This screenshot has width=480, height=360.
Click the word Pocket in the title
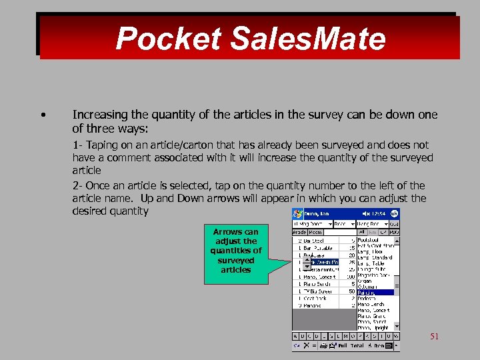(169, 39)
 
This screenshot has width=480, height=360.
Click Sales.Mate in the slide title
(307, 39)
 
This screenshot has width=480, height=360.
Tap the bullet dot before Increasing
(43, 115)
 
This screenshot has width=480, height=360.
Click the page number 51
(434, 337)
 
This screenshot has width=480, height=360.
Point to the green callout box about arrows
(236, 251)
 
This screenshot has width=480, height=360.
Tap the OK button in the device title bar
(395, 213)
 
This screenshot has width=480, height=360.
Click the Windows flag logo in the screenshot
(297, 213)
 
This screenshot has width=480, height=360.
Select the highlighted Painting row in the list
(373, 292)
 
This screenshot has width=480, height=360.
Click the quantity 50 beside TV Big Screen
(351, 291)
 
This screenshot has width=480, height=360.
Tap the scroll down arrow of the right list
(397, 327)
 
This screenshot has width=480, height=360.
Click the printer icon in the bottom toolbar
(323, 346)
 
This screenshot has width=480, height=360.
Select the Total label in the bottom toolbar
(358, 346)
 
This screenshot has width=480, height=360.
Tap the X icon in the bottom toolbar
(306, 346)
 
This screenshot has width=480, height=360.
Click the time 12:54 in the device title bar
(378, 213)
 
